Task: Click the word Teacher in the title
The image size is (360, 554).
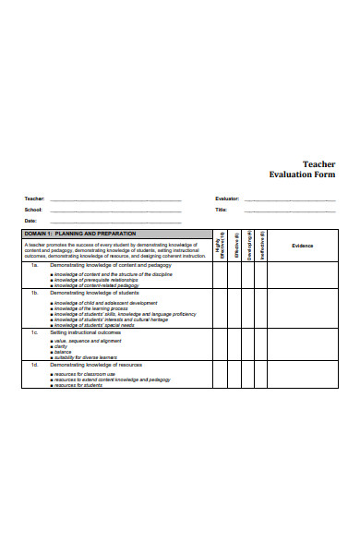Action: pyautogui.click(x=318, y=163)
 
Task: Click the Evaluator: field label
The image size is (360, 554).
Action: pyautogui.click(x=227, y=199)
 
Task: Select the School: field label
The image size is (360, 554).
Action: pyautogui.click(x=33, y=210)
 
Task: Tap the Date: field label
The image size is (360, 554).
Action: pyautogui.click(x=30, y=221)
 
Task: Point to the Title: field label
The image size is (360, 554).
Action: pyautogui.click(x=222, y=210)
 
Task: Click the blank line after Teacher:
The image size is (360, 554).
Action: pyautogui.click(x=115, y=199)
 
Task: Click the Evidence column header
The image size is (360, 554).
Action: pyautogui.click(x=303, y=246)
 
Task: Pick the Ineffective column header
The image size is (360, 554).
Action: pyautogui.click(x=264, y=245)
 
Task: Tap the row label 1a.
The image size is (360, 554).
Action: pyautogui.click(x=33, y=265)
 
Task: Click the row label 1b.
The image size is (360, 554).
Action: pyautogui.click(x=33, y=292)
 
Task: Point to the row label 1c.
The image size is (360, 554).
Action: pyautogui.click(x=33, y=332)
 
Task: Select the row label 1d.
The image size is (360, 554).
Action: pyautogui.click(x=33, y=366)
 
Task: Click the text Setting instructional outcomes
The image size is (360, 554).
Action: pyautogui.click(x=88, y=332)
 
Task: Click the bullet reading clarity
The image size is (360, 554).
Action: pyautogui.click(x=63, y=346)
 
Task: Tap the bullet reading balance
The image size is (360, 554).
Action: pyautogui.click(x=63, y=352)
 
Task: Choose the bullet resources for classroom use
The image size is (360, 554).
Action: pyautogui.click(x=88, y=374)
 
